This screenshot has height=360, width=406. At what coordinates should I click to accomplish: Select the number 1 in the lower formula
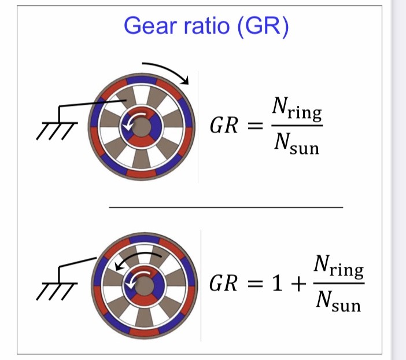[x=274, y=284]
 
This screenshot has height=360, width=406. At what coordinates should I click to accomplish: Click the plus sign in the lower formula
[x=297, y=284]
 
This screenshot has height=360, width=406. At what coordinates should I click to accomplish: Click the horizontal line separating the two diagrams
[x=226, y=207]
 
